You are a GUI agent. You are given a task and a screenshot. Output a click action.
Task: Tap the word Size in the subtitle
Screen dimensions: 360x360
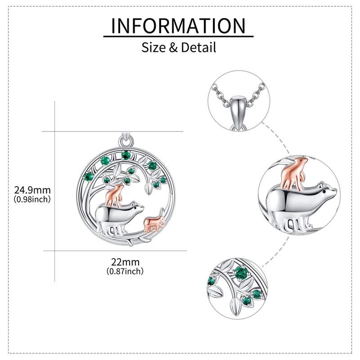(153, 47)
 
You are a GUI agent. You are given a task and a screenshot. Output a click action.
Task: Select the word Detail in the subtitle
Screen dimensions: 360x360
(198, 47)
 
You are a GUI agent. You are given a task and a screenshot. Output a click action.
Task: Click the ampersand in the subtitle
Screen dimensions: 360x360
(173, 47)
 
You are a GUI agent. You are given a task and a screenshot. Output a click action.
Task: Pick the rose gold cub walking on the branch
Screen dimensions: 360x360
(153, 223)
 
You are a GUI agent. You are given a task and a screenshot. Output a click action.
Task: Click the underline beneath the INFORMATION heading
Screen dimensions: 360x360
(178, 36)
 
